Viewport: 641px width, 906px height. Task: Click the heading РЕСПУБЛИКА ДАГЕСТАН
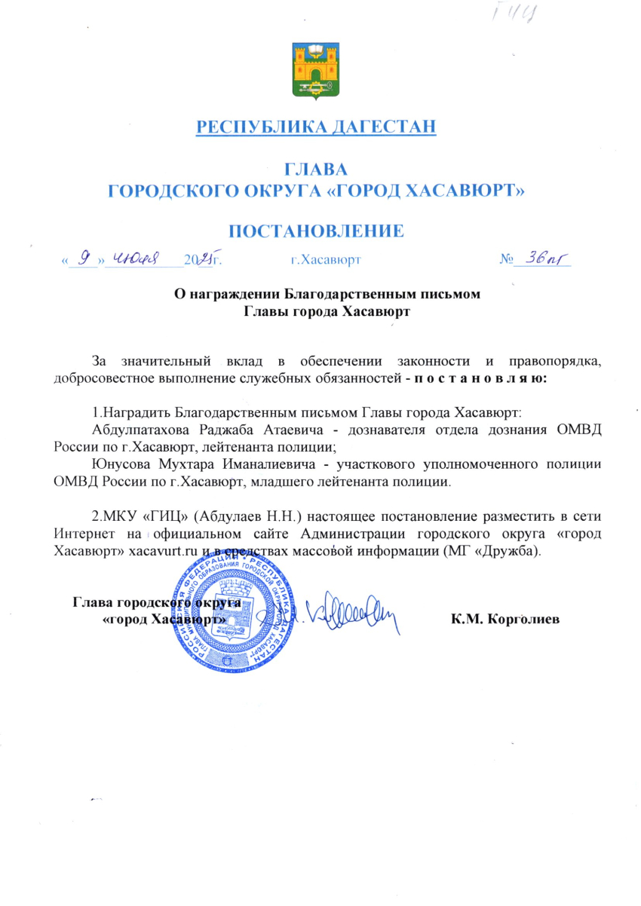click(317, 126)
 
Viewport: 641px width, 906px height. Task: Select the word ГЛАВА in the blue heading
click(316, 169)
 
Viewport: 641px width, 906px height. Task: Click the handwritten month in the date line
click(143, 259)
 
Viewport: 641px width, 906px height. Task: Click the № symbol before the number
click(506, 261)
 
